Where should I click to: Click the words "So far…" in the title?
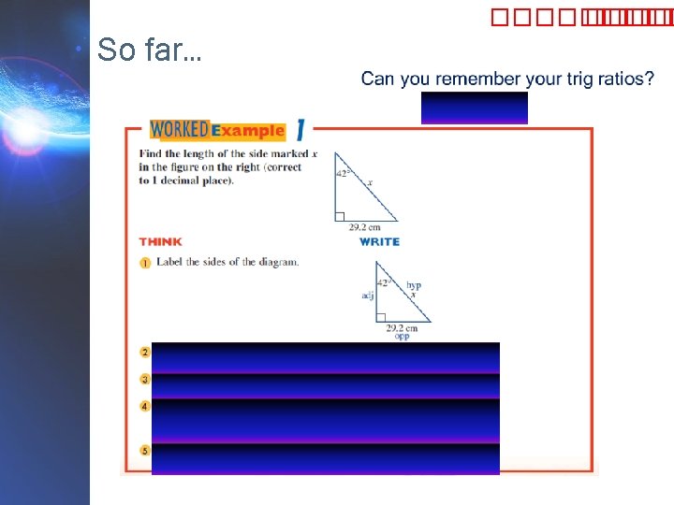148,50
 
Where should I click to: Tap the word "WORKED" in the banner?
179,129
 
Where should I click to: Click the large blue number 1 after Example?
300,129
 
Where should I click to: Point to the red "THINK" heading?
160,241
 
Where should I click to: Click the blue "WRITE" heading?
379,241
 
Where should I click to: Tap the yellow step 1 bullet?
145,263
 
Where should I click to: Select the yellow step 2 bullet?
145,353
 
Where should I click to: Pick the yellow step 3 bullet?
145,380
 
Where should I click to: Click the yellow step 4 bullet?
145,407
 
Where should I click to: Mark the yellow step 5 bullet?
145,450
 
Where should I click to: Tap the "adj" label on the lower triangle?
367,296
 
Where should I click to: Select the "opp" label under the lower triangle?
401,335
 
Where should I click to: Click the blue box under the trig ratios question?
474,108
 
